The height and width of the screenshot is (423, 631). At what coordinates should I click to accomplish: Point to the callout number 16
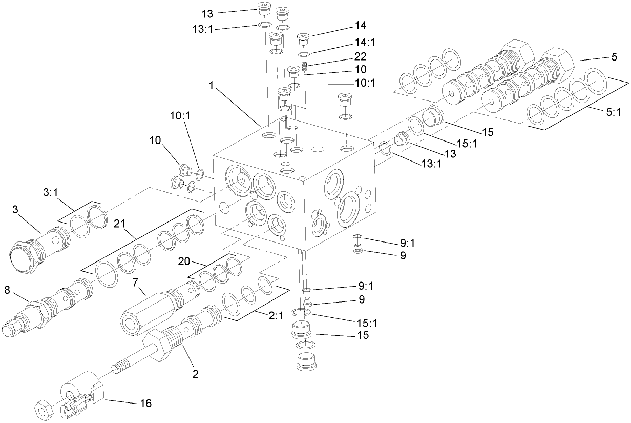coord(145,403)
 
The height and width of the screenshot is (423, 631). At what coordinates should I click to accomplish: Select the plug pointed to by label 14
coord(304,38)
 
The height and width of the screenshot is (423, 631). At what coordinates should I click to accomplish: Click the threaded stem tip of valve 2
coord(119,368)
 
